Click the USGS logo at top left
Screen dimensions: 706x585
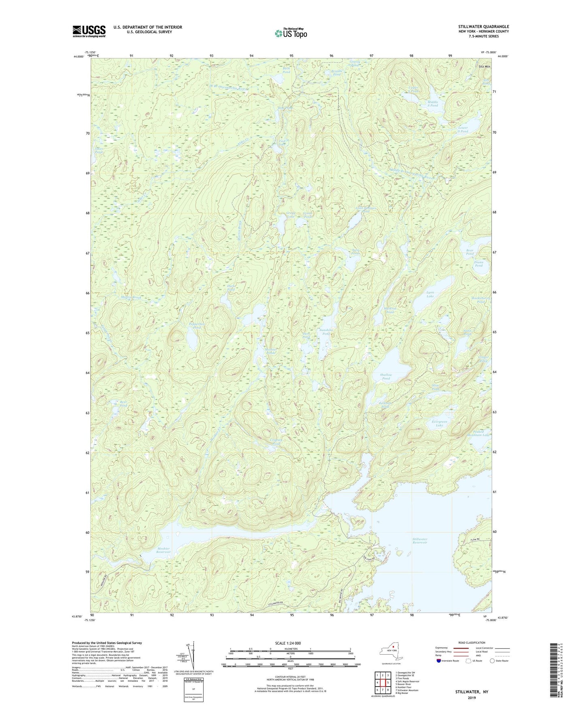coord(89,31)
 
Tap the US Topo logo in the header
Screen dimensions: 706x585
coord(291,33)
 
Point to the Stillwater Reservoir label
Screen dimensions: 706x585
coord(420,541)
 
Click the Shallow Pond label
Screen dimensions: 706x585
coord(386,376)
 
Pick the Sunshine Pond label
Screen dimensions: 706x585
coord(326,332)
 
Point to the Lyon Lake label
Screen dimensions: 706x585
coord(430,294)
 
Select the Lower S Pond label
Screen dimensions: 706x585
coord(462,129)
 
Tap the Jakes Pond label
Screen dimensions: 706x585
coord(99,150)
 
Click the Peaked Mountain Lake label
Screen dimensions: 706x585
coord(478,433)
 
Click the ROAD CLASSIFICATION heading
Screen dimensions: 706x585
coord(472,643)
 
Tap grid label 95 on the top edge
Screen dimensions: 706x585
coord(291,55)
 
